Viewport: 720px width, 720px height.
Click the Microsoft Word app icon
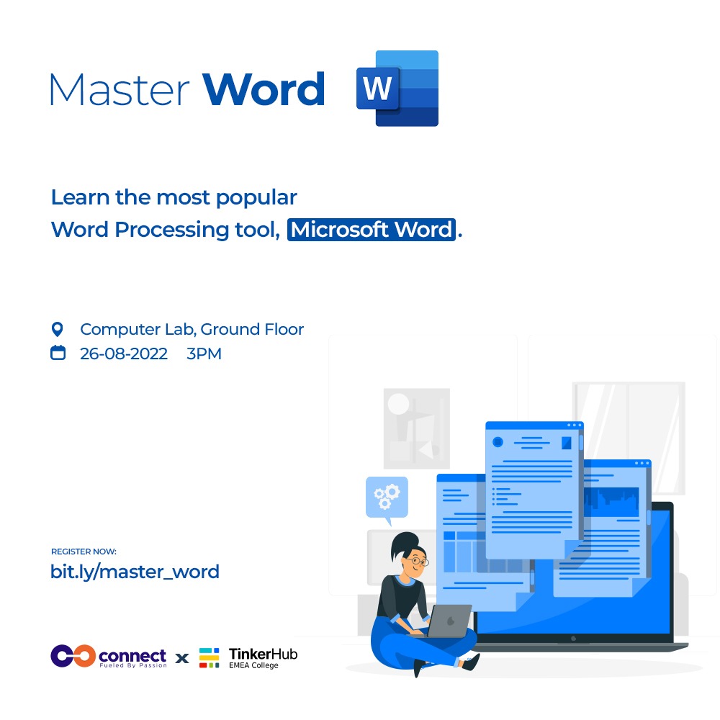pos(397,89)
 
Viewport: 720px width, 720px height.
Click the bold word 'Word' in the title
pos(264,89)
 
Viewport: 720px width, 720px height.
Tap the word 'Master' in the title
pos(120,89)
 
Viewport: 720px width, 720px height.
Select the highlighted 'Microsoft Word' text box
pos(372,230)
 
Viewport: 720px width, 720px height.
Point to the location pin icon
pos(58,330)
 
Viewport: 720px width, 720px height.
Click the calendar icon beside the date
pos(58,354)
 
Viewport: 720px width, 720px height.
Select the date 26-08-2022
pos(124,354)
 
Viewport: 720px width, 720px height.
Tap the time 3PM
pos(204,354)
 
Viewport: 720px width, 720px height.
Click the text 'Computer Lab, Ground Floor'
pos(192,330)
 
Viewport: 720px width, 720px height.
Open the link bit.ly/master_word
pos(135,572)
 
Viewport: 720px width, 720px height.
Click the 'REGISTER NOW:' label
pos(84,552)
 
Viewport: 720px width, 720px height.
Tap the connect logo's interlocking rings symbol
pos(73,655)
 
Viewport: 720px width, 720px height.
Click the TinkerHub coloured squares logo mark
pos(210,657)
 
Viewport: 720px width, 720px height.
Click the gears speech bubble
pos(387,496)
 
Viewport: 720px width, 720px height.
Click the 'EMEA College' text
pos(253,666)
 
